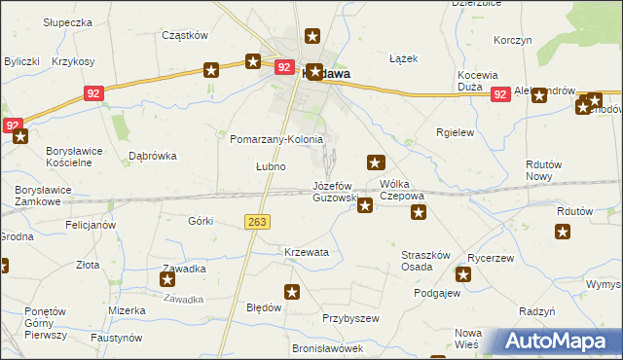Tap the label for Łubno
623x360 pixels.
click(x=271, y=166)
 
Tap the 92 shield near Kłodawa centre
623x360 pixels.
click(x=284, y=67)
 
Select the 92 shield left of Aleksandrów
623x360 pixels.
click(x=500, y=94)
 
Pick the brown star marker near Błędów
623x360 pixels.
click(x=292, y=291)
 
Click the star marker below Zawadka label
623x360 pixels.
click(x=167, y=280)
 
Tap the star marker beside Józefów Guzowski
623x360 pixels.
click(x=365, y=204)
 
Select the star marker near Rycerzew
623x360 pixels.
click(x=463, y=275)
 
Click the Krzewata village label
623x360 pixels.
click(x=307, y=252)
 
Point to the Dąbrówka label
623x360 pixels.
click(x=152, y=155)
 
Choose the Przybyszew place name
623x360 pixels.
click(x=349, y=318)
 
